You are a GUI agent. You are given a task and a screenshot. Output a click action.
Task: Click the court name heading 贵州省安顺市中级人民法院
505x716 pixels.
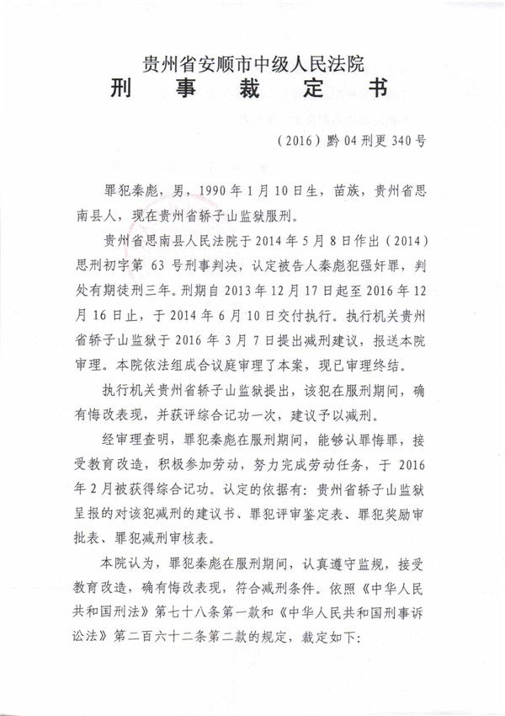(253, 61)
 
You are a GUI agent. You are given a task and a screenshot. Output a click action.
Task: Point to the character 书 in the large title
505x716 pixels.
(380, 90)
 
